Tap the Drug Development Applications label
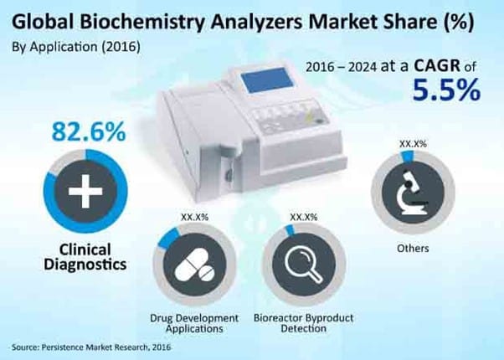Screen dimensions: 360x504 tap(195, 324)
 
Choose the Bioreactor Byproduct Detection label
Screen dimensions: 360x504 tap(304, 324)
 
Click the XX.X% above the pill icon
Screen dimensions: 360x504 tap(195, 217)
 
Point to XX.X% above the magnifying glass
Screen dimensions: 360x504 tap(303, 217)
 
